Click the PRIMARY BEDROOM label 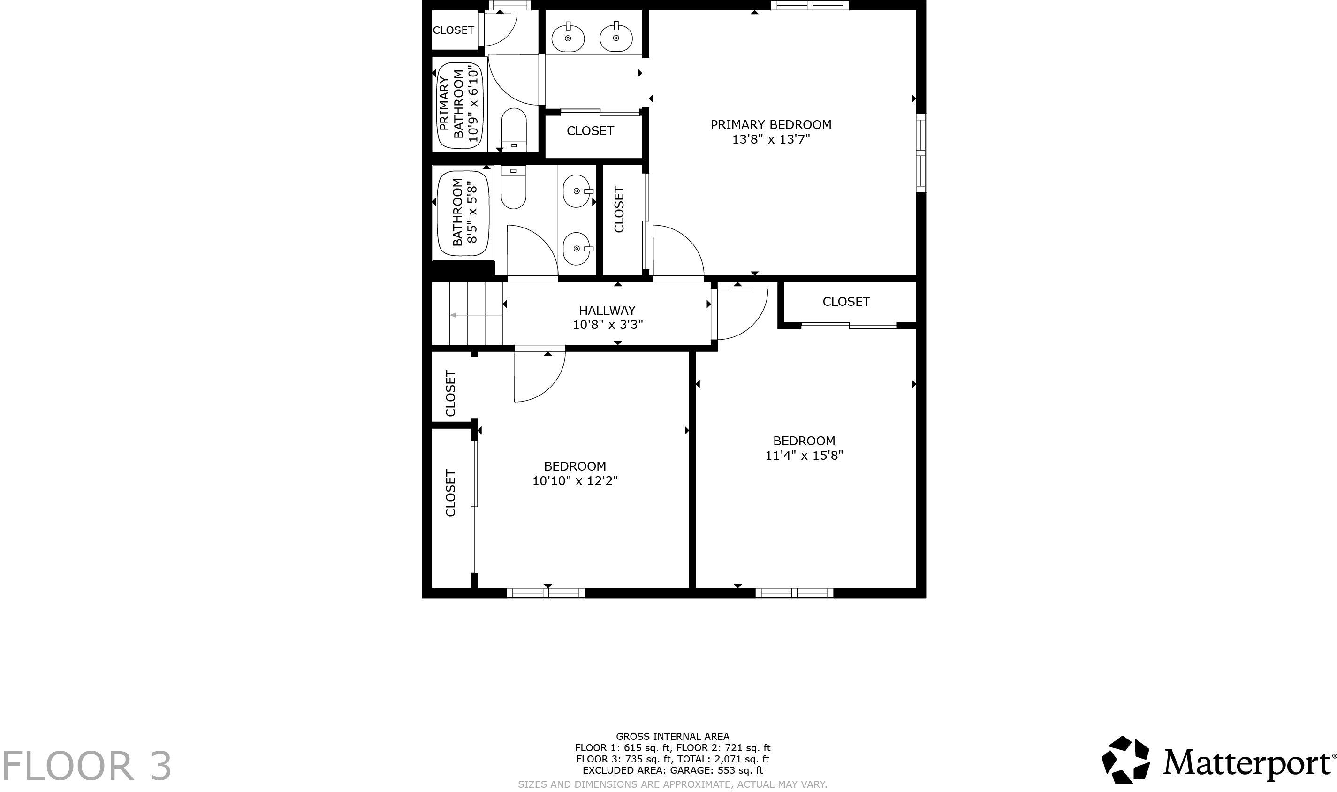coord(770,124)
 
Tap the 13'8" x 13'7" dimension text coord(770,140)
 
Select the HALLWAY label coord(607,310)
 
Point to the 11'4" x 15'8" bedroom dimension coord(804,455)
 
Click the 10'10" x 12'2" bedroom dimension coord(575,481)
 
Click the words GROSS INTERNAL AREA coord(672,737)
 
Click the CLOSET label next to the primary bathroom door coord(453,30)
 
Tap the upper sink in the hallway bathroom coord(577,191)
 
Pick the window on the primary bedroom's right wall coord(920,152)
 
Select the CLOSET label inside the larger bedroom coord(846,302)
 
